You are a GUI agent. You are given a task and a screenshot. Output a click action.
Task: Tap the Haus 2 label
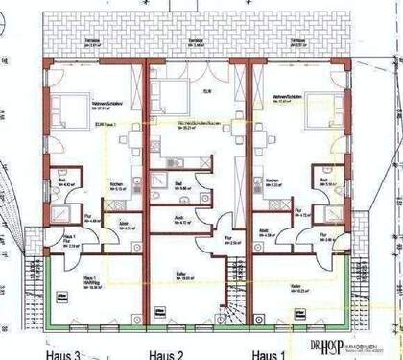point(164,353)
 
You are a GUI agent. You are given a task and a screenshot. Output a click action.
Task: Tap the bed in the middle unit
point(172,95)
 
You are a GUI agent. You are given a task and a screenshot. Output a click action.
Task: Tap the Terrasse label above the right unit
point(294,41)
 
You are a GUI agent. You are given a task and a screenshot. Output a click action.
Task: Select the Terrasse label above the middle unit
point(196,41)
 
